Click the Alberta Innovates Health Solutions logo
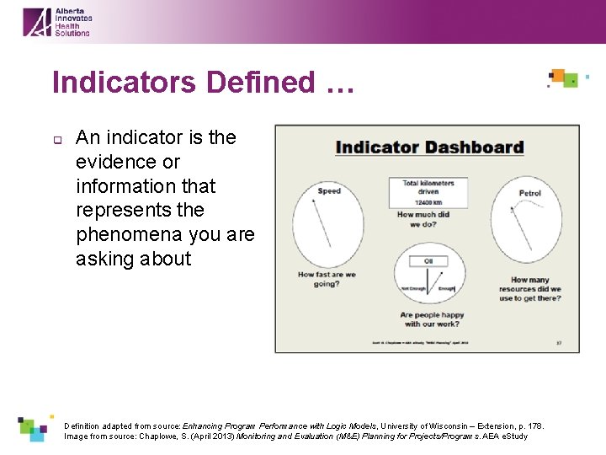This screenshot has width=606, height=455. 56,21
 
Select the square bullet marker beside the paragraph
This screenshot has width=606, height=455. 56,140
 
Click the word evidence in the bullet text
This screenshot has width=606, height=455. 128,161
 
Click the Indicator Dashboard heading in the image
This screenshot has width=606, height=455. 429,147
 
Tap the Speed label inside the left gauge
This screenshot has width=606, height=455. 329,191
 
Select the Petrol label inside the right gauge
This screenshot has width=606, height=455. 530,194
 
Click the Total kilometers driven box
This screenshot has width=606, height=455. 428,192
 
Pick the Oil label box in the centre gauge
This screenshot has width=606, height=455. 428,261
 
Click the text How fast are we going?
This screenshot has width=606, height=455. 327,279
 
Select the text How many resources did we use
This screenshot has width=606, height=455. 529,289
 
